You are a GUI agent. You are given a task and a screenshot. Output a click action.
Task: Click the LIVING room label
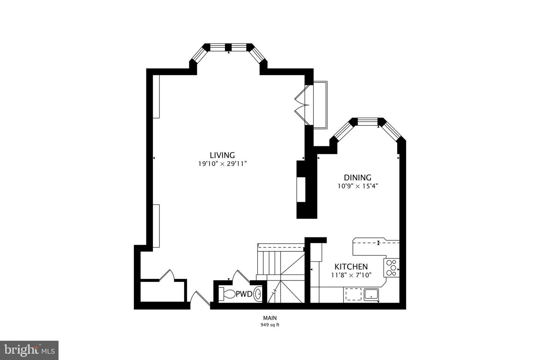222,155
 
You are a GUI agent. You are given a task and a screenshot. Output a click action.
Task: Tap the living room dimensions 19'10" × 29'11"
222,163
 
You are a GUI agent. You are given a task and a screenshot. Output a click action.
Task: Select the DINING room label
358,177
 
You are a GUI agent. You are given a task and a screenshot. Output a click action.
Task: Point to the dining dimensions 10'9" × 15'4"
358,186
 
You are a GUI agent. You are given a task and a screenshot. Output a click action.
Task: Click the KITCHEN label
351,267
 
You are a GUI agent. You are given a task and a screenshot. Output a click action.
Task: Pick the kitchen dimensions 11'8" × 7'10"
351,275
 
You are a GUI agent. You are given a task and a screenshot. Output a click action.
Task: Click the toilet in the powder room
227,294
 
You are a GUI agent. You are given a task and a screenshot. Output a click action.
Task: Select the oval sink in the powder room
258,294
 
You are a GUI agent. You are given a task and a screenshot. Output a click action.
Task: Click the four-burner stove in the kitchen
392,268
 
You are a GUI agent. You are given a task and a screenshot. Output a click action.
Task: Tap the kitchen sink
371,294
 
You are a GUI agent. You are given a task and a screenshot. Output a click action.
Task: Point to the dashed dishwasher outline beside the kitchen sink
353,294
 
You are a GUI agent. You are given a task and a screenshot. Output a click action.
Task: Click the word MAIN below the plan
270,318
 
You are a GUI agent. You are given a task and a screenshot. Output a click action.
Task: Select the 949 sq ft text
270,325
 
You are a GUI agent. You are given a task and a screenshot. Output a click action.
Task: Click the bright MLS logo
29,350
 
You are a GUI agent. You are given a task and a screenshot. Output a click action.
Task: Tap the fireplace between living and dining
302,189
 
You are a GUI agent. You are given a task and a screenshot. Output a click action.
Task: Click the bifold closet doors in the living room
302,105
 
